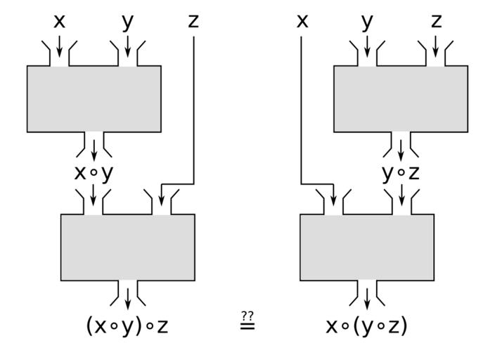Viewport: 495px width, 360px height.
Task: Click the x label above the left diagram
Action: pos(59,22)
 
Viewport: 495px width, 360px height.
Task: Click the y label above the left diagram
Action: pos(127,22)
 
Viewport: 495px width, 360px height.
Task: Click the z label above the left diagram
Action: pos(193,22)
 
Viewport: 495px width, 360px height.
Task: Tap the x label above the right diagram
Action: pos(302,22)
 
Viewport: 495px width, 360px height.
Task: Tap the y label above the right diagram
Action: pos(367,22)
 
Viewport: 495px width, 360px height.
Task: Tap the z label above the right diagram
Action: pos(436,22)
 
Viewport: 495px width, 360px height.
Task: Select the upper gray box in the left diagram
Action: pos(94,98)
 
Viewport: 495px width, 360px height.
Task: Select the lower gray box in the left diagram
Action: pos(128,247)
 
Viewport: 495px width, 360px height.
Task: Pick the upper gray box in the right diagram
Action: pos(401,98)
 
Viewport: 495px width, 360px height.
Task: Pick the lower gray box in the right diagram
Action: pos(367,247)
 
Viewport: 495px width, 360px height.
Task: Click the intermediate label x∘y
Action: pos(94,173)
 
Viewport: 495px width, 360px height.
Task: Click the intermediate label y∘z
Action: pos(401,173)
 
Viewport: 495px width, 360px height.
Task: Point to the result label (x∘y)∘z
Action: pos(127,326)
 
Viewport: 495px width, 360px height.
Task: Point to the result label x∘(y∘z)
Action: pos(367,326)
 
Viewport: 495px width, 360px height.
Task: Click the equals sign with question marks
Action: pos(247,323)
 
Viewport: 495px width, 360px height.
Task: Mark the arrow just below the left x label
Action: pos(59,46)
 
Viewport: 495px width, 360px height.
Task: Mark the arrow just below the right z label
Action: pos(436,46)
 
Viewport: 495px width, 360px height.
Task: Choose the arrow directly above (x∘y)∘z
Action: pos(127,298)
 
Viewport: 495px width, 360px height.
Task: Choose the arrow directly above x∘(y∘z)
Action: pos(367,298)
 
